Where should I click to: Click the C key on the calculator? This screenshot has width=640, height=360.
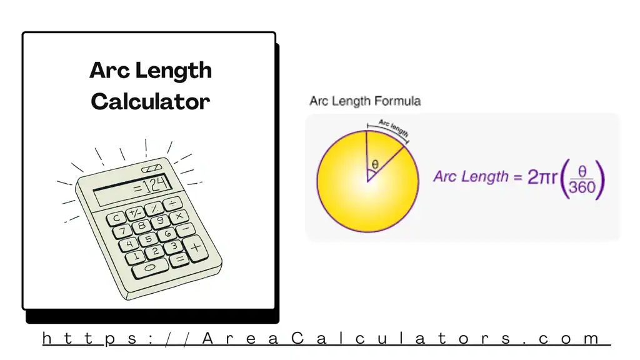point(116,219)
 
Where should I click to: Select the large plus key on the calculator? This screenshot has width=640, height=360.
point(196,247)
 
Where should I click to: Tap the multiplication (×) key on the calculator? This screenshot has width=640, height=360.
point(179,216)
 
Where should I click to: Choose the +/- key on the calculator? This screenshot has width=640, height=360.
point(134,212)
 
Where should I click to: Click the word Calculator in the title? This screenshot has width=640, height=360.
point(150,101)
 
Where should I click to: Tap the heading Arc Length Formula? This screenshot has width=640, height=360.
point(365,101)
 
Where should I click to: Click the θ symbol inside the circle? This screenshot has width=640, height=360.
point(374,164)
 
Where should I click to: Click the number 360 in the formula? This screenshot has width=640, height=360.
point(582,187)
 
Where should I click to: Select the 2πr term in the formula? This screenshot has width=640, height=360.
point(542,177)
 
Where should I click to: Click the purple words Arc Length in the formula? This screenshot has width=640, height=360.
point(471,177)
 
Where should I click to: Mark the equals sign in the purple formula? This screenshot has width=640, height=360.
point(517,177)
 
